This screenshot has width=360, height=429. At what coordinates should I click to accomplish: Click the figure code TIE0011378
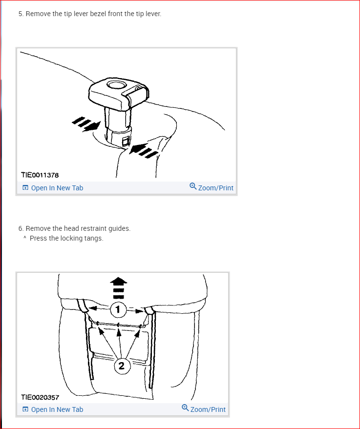tap(40, 175)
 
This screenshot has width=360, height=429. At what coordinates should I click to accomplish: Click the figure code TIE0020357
tap(40, 397)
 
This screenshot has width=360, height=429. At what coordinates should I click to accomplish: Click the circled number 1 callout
tap(118, 309)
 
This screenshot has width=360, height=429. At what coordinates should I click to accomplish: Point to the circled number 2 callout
tap(122, 366)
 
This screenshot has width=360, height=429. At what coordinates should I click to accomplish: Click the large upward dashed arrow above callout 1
tap(119, 288)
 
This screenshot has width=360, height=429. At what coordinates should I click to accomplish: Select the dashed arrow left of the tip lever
tap(85, 124)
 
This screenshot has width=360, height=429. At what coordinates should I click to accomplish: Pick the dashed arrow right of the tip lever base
tap(144, 150)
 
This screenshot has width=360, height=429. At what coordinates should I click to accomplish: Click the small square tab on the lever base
tap(126, 142)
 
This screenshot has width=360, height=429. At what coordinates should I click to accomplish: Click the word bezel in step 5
tap(98, 14)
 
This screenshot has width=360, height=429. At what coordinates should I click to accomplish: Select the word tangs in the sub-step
tap(94, 239)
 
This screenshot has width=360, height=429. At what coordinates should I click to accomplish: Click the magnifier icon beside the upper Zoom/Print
tap(193, 186)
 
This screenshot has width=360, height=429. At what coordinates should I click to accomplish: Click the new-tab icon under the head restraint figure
tap(25, 409)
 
